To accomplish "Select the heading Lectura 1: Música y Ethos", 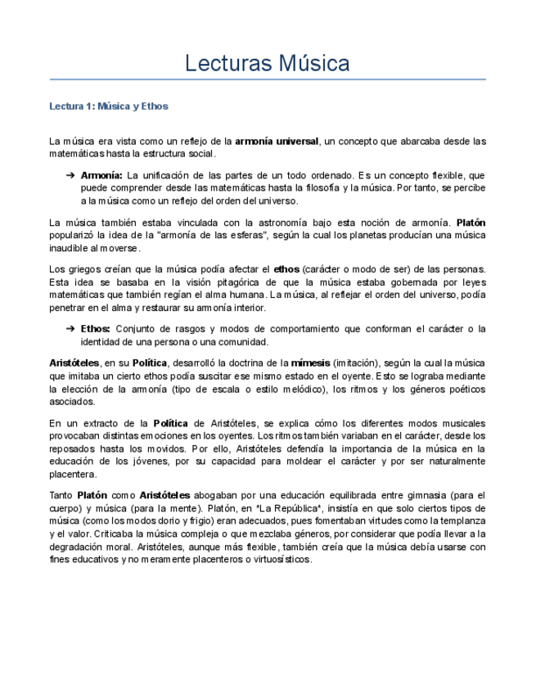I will point(109,106).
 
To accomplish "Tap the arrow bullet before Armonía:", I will point(70,176).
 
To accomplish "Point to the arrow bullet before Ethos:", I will point(70,329).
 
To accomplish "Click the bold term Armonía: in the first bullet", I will point(101,176).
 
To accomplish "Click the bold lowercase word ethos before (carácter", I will point(286,269).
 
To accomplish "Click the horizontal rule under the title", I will point(268,80).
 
